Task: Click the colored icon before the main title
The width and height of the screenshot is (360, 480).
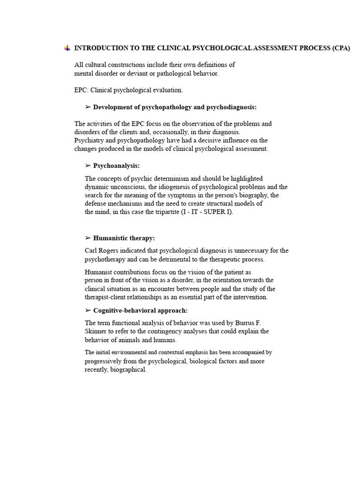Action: coord(67,48)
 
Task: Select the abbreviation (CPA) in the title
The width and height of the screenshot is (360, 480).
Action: coord(341,48)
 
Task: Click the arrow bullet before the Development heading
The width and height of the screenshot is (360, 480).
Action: coord(88,107)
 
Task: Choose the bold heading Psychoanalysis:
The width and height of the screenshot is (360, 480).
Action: coord(116,166)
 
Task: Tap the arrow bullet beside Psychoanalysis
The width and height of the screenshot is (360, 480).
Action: coord(88,166)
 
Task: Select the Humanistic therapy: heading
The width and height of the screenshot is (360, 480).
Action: coord(124,238)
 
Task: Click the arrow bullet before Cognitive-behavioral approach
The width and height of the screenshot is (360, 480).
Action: coord(88,310)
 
